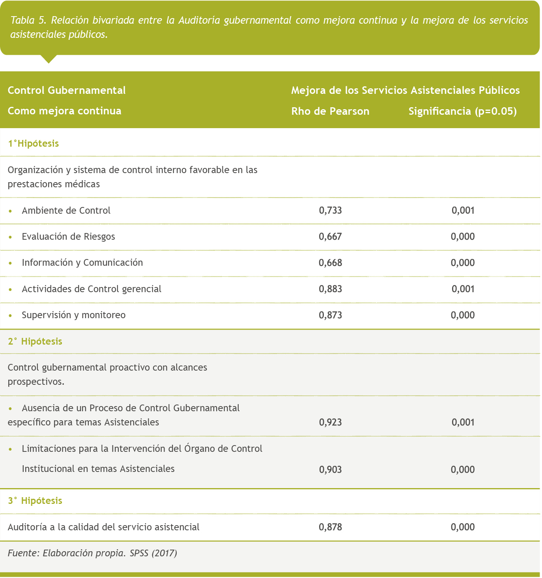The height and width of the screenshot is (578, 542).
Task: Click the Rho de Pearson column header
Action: click(330, 112)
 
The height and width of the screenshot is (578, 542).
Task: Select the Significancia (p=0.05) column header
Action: click(462, 112)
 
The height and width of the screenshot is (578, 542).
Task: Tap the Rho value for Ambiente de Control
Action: click(330, 211)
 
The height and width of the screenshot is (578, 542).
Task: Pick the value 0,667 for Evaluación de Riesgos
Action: click(330, 237)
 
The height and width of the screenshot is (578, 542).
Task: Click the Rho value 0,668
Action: click(330, 263)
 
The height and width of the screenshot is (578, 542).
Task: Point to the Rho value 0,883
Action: click(330, 289)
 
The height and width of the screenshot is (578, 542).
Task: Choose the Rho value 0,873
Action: click(330, 315)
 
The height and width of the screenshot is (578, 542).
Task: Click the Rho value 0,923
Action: click(330, 423)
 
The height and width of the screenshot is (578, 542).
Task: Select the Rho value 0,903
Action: click(330, 470)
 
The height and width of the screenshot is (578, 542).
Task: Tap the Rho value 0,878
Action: click(330, 527)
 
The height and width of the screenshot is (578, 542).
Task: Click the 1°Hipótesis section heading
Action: click(33, 144)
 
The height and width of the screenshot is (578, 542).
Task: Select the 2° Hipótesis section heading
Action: click(35, 341)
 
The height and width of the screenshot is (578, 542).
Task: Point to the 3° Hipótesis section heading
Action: click(35, 501)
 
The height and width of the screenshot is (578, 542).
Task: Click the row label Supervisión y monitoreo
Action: click(74, 315)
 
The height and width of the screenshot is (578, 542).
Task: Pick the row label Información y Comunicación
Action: click(82, 263)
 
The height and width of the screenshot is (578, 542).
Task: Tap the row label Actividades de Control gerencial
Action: click(92, 289)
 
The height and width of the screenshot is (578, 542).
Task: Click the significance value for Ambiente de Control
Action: click(463, 211)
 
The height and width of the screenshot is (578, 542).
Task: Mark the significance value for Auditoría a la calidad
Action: click(463, 527)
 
